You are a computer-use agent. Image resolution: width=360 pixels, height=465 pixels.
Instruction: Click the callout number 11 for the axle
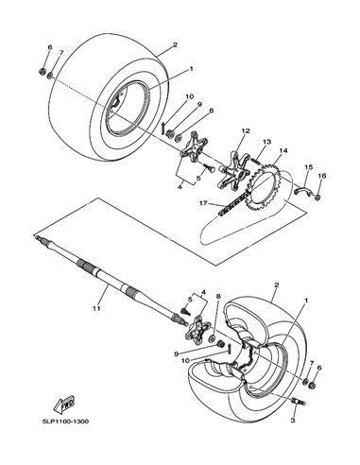coord(96,308)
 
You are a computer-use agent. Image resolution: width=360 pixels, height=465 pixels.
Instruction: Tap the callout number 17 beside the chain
coord(203,203)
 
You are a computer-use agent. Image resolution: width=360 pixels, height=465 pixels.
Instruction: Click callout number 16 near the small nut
coord(321,176)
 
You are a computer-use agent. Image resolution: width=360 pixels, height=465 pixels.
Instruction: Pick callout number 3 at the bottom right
coord(293,420)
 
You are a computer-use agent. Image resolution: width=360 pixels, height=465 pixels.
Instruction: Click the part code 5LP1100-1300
coord(65,422)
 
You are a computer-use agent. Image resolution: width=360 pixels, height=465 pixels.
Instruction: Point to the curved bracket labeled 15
coord(302,192)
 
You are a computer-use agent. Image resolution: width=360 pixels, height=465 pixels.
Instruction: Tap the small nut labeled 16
coord(317,197)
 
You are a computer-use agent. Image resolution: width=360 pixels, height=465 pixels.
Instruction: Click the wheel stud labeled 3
coord(299,402)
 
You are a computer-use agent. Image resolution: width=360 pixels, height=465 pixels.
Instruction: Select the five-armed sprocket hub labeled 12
coord(233,172)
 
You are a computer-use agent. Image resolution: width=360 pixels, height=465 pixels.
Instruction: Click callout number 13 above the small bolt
coord(266,142)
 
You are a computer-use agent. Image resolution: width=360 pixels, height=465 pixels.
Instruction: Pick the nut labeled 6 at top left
coord(42,72)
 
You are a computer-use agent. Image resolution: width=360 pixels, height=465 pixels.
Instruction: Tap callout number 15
coord(308,167)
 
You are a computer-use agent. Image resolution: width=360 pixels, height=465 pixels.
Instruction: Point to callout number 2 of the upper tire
coord(175,44)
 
